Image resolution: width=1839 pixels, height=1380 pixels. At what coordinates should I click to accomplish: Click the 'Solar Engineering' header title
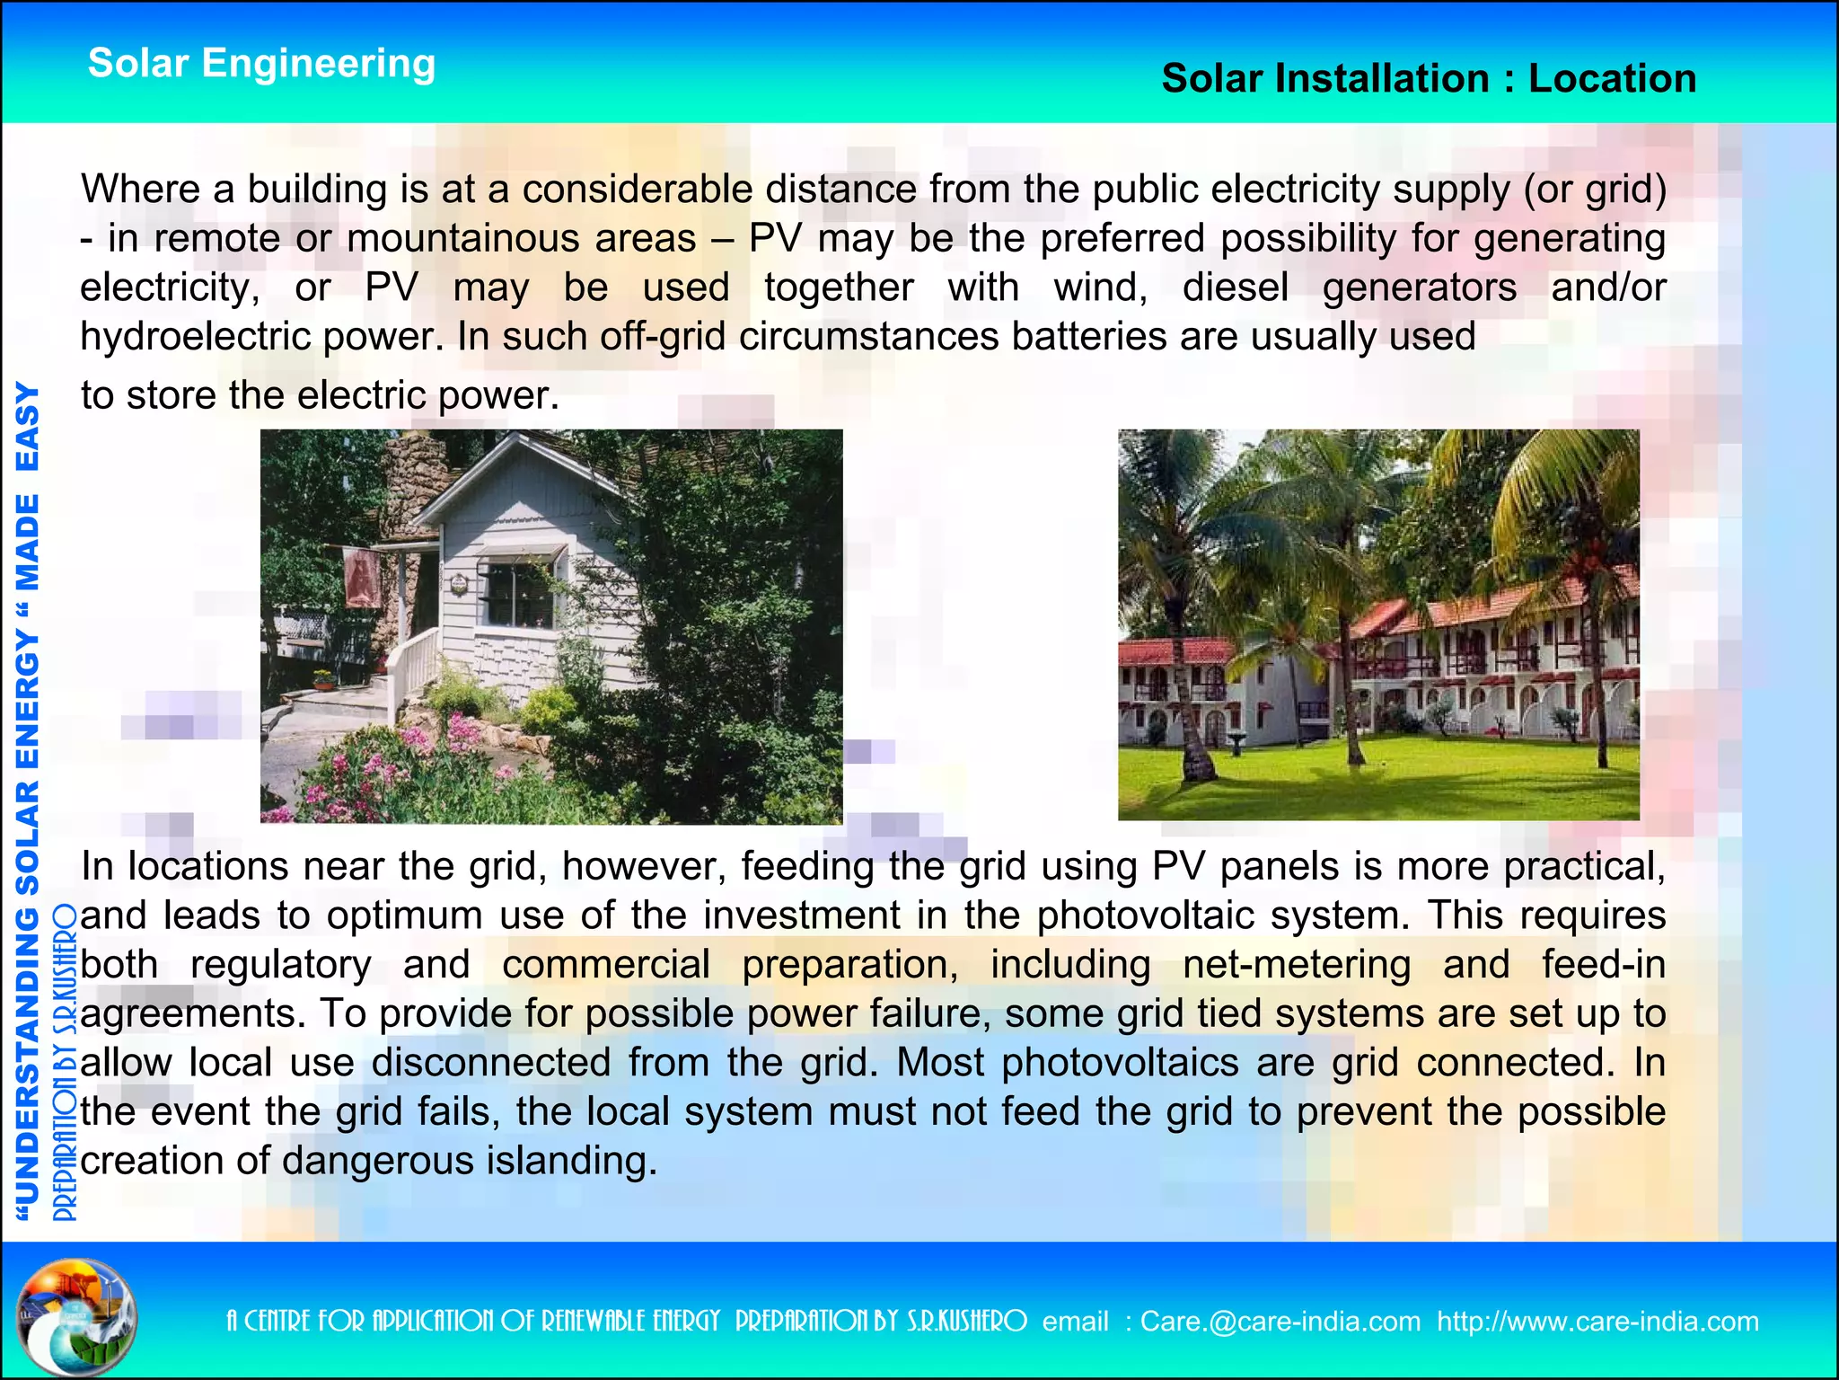(261, 64)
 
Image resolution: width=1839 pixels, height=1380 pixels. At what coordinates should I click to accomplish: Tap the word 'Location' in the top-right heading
(1612, 79)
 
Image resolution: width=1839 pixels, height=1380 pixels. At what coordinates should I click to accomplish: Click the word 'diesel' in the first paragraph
(1235, 287)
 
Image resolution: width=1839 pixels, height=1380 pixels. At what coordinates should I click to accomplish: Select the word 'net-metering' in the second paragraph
(1296, 965)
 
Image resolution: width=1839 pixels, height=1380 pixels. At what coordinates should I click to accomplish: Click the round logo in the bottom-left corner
(78, 1317)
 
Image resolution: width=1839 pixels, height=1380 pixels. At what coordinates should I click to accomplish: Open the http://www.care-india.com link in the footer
(1597, 1322)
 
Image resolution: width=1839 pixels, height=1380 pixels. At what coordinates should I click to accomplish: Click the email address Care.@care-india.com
(1280, 1322)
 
